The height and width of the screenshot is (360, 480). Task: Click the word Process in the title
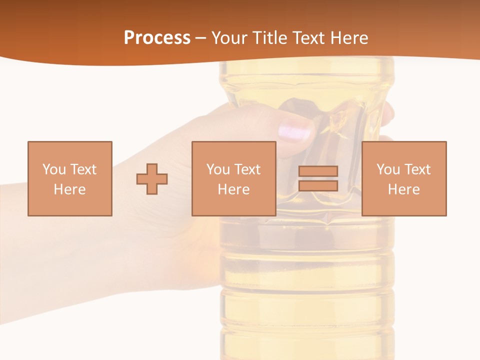(x=157, y=37)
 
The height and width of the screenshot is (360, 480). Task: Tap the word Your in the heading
(x=229, y=38)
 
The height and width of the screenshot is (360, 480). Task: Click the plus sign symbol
(x=152, y=178)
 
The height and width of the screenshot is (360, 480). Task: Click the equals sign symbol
(x=318, y=178)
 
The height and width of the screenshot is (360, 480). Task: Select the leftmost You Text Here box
(x=69, y=178)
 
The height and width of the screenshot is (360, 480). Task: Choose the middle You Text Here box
(x=233, y=178)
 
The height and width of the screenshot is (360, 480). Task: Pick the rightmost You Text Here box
(x=403, y=178)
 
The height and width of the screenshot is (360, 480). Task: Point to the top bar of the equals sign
(x=318, y=171)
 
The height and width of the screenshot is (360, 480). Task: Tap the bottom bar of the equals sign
(x=318, y=185)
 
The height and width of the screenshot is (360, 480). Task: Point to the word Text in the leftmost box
(x=83, y=169)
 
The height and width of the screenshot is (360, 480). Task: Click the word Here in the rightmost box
(x=403, y=189)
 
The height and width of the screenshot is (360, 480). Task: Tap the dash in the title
(x=201, y=38)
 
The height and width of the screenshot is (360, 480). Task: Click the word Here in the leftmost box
(x=69, y=189)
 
